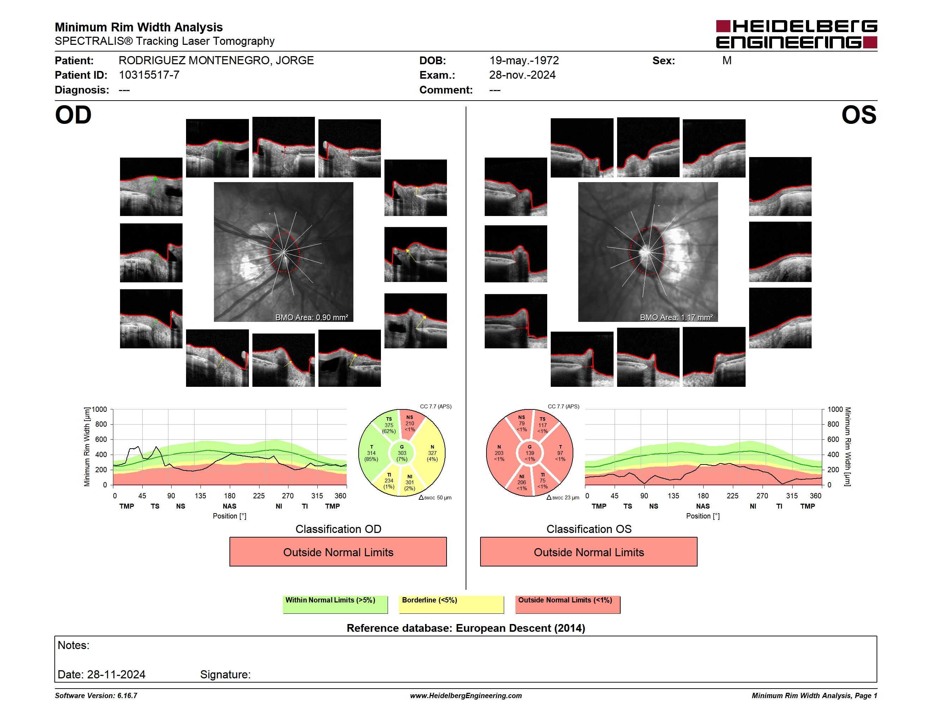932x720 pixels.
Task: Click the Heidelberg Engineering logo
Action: pos(796,34)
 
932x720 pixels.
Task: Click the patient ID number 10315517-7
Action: pos(149,75)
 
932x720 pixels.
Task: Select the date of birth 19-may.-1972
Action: pos(524,61)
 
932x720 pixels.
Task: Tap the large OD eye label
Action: pos(73,115)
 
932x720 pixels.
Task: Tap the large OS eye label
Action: pos(859,115)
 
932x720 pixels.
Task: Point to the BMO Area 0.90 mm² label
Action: pos(311,317)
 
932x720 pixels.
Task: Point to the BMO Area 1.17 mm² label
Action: pos(676,317)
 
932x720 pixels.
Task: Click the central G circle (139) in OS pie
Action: pos(530,453)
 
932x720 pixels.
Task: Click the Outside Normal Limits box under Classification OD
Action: pos(338,552)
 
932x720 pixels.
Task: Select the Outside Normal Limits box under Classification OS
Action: pos(589,552)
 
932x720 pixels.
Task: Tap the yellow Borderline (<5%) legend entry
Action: pos(451,604)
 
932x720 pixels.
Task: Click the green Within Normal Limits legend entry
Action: pos(335,604)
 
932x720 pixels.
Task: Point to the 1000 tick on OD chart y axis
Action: pos(100,409)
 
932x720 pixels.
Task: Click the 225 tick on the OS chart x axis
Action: pos(733,496)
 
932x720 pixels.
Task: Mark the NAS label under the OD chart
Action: pos(229,506)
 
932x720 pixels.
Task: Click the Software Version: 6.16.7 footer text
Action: pos(96,696)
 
